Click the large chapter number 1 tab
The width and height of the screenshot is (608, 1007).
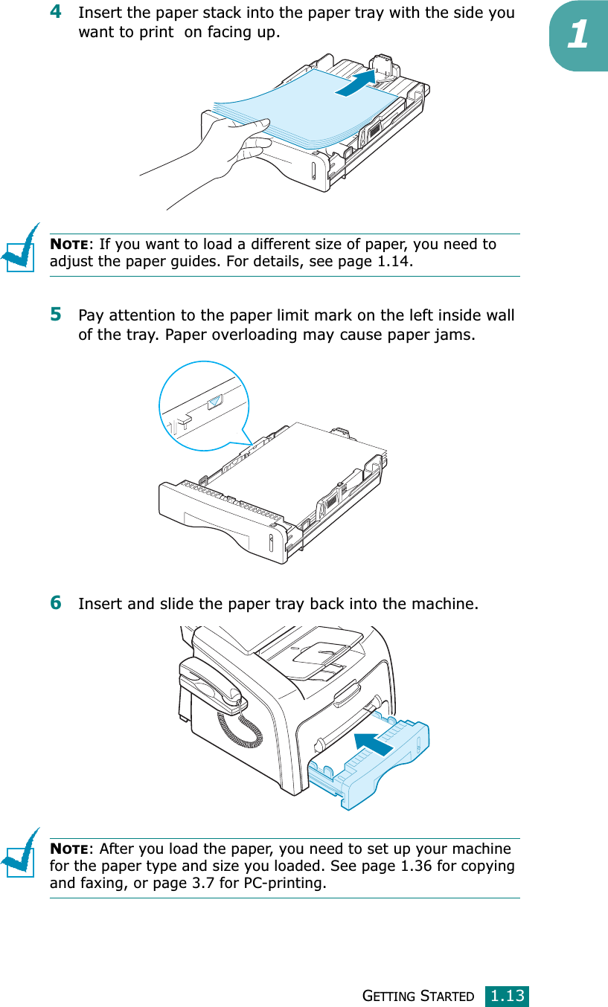(x=580, y=37)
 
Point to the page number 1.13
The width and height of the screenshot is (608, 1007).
(x=508, y=995)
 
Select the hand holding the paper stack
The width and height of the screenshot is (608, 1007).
(x=223, y=149)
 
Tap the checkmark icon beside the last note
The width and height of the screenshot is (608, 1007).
(x=21, y=852)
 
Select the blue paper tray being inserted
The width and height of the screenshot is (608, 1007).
(x=372, y=766)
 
